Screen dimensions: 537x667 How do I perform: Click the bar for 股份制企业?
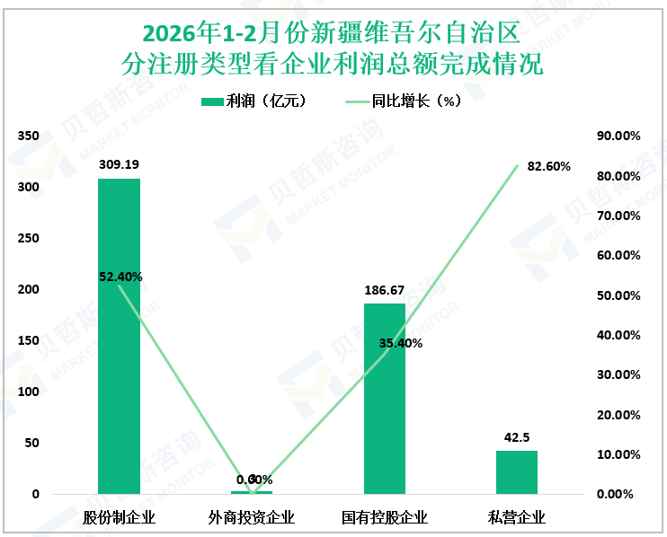[x=119, y=337]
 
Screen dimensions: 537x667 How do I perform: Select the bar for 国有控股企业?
[x=384, y=399]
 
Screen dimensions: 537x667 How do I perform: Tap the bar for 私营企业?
[x=516, y=472]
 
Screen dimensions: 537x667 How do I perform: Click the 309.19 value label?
[x=119, y=165]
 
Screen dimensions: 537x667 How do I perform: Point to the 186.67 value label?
[x=384, y=290]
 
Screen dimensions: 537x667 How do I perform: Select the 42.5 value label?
[x=516, y=437]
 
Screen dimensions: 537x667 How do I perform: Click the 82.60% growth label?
[x=548, y=166]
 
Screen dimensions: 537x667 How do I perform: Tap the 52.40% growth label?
[x=120, y=277]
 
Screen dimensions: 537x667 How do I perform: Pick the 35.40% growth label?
[x=401, y=343]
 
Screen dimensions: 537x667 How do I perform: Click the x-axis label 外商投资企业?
[x=252, y=518]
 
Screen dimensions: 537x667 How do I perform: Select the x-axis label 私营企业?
[x=516, y=518]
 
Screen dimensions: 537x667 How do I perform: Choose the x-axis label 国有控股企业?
[x=384, y=518]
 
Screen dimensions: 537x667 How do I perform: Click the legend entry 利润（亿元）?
[x=256, y=101]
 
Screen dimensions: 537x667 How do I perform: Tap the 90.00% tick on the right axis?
[x=619, y=136]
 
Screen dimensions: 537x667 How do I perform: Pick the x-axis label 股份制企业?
[x=119, y=518]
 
